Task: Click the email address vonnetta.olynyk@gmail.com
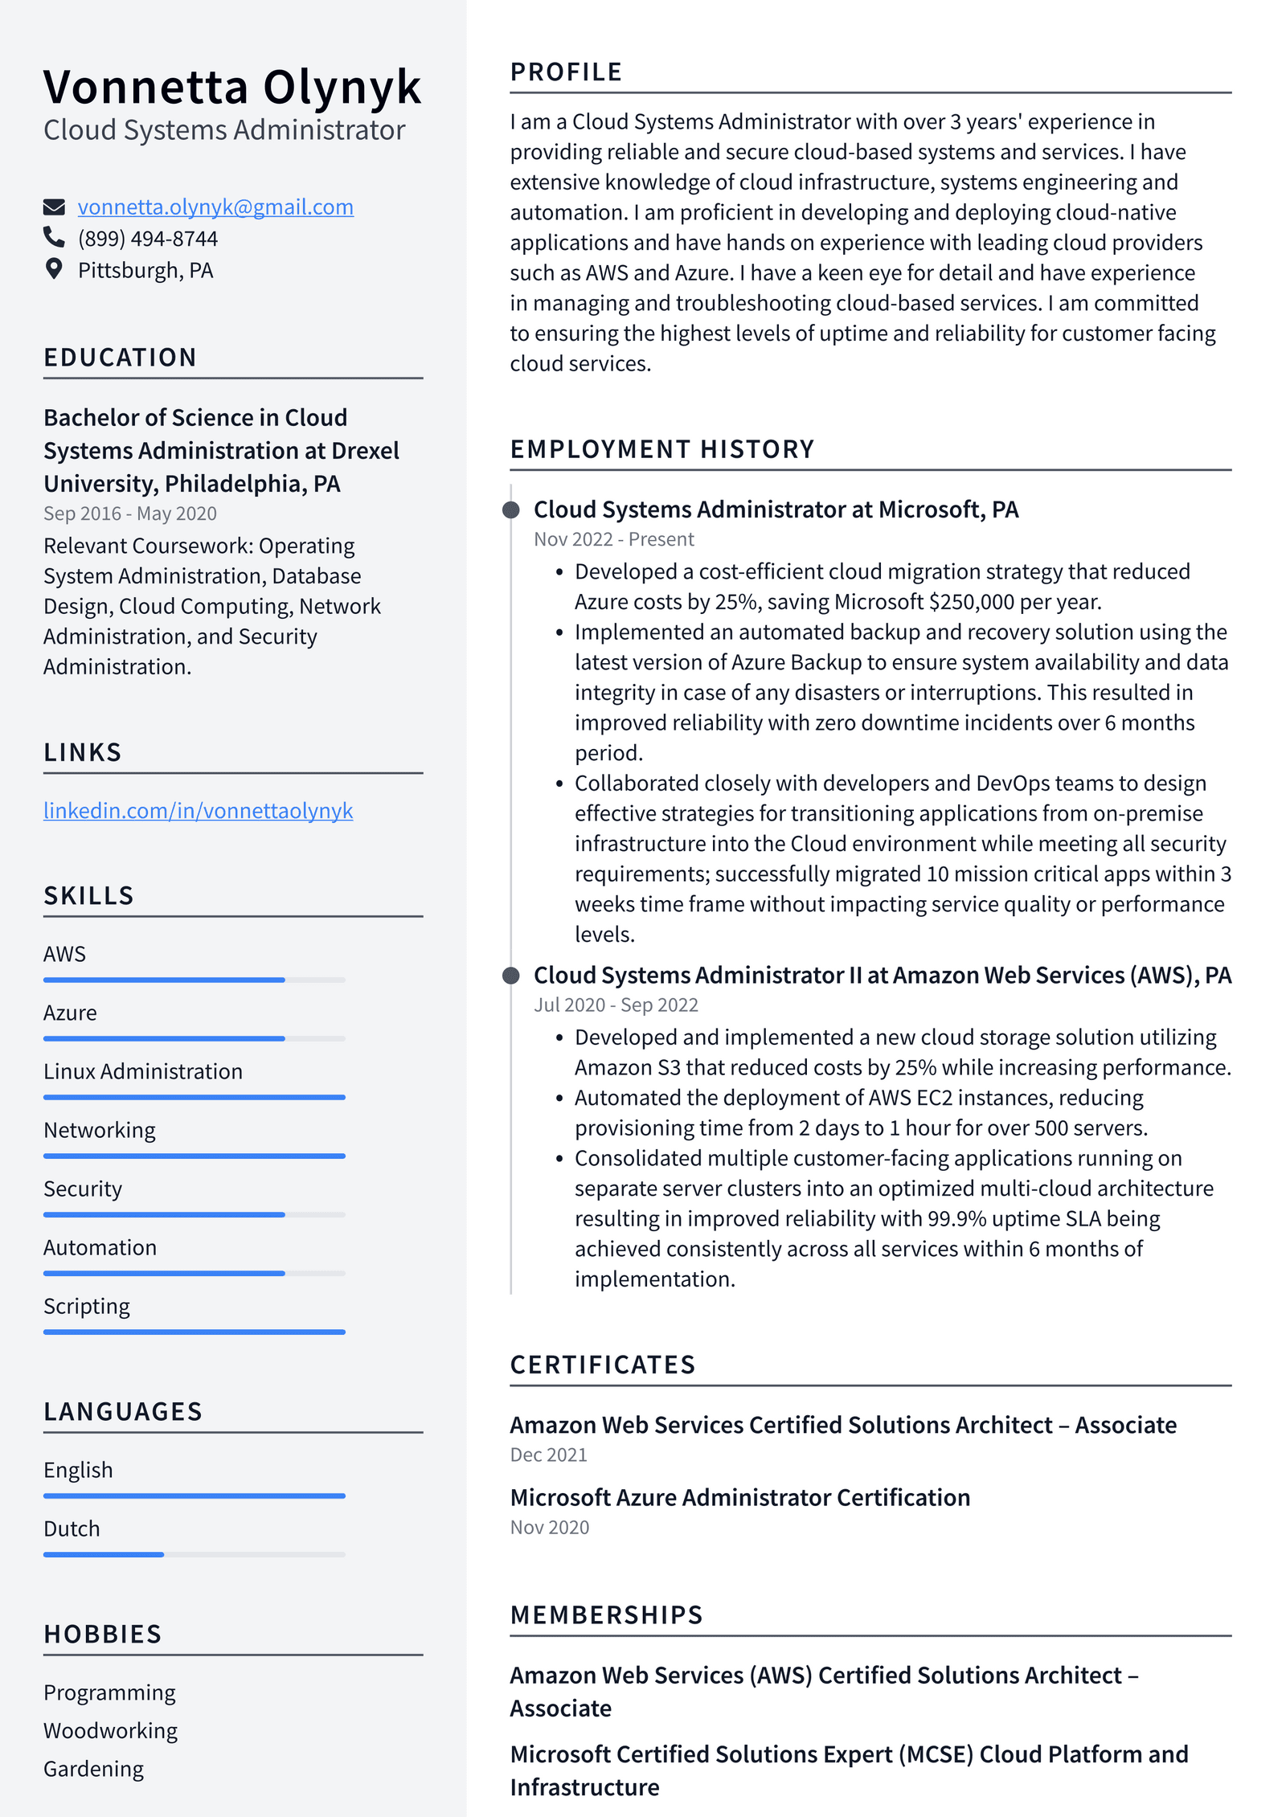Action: coord(215,207)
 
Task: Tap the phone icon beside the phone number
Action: coord(54,237)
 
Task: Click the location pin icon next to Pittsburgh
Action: coord(54,269)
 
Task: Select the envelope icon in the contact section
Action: coord(54,207)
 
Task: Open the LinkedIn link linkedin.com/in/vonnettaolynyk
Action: coord(198,810)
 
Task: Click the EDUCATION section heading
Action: coord(120,357)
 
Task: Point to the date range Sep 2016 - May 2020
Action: coord(129,514)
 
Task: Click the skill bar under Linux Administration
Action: coord(194,1097)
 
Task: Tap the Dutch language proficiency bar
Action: coord(194,1554)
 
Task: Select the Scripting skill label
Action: coord(86,1306)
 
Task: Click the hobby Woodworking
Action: coord(110,1730)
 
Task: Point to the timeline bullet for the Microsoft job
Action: coord(510,509)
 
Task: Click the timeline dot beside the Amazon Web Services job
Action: coord(510,976)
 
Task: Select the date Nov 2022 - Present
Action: coord(613,539)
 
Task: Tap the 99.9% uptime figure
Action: coord(956,1218)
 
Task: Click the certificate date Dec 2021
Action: coord(548,1455)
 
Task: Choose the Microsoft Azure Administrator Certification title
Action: coord(739,1497)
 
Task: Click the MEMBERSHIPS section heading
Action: coord(606,1614)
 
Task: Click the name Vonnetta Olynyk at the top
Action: coord(231,87)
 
